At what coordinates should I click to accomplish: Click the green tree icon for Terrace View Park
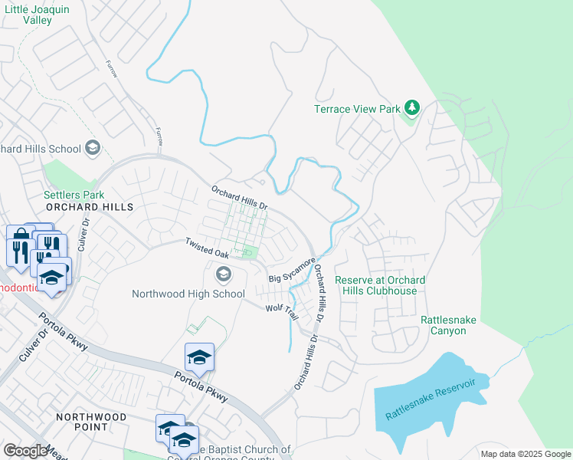pyautogui.click(x=412, y=108)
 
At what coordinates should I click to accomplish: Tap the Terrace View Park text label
pyautogui.click(x=357, y=109)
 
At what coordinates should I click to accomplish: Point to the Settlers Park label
pyautogui.click(x=74, y=195)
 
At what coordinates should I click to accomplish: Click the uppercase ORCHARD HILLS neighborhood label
pyautogui.click(x=89, y=207)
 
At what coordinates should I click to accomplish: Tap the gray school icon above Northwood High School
pyautogui.click(x=223, y=274)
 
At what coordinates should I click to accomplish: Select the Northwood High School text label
pyautogui.click(x=188, y=294)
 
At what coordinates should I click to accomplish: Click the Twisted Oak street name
pyautogui.click(x=207, y=247)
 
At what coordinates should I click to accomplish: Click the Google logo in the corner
pyautogui.click(x=25, y=451)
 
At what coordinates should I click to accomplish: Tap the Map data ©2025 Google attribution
pyautogui.click(x=525, y=454)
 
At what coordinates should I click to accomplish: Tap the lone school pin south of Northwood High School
pyautogui.click(x=198, y=357)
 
